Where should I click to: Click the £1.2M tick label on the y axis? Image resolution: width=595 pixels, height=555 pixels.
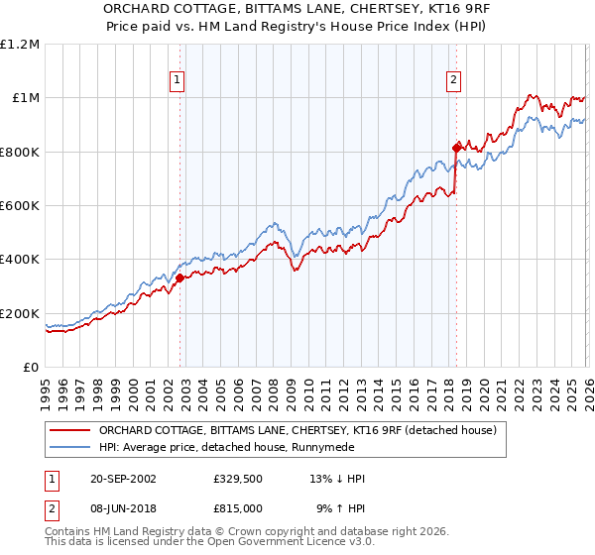pyautogui.click(x=20, y=44)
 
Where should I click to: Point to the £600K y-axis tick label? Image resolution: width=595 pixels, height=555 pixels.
pyautogui.click(x=20, y=206)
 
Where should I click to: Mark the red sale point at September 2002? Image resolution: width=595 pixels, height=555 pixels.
pyautogui.click(x=179, y=278)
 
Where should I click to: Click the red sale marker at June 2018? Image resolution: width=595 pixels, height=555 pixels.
pyautogui.click(x=456, y=148)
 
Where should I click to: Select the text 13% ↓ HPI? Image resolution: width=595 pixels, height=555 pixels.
pyautogui.click(x=337, y=479)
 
